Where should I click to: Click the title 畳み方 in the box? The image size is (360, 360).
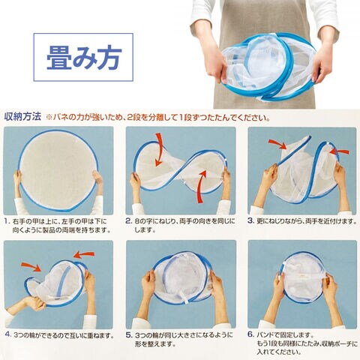[84, 57]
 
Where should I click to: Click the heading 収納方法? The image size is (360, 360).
[22, 117]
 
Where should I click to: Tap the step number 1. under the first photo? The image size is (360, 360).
[7, 221]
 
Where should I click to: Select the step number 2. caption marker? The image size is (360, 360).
[128, 221]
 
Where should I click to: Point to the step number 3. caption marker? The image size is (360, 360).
[250, 221]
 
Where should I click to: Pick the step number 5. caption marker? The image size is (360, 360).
[129, 335]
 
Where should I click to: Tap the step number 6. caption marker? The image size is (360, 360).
[250, 334]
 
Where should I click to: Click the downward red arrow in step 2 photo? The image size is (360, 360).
[158, 149]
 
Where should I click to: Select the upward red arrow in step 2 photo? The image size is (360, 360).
[202, 186]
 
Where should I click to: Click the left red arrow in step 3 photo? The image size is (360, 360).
[277, 144]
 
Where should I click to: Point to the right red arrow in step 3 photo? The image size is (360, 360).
[339, 151]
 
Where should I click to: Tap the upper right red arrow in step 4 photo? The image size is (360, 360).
[84, 255]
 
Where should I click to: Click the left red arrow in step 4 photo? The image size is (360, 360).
[31, 266]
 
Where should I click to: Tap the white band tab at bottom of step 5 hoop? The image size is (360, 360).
[185, 299]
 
